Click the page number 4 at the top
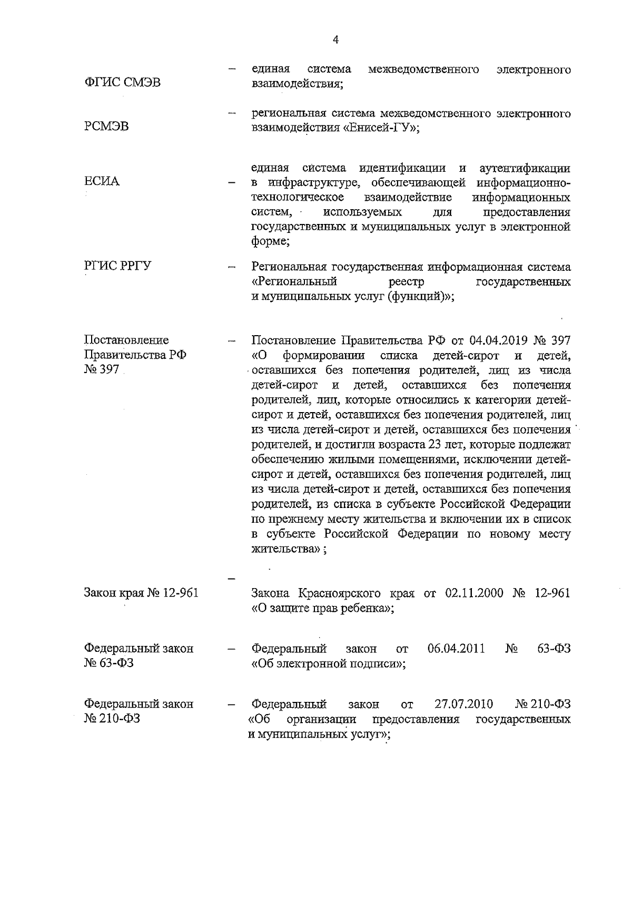[x=335, y=40]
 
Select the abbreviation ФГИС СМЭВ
[x=123, y=83]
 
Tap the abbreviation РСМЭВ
[x=106, y=126]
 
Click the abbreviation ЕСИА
[x=102, y=181]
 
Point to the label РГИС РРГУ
[x=118, y=266]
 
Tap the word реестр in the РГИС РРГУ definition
[x=407, y=282]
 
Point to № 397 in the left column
[x=102, y=369]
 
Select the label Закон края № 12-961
[x=141, y=593]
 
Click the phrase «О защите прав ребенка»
[x=321, y=608]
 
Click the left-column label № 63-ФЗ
[x=109, y=663]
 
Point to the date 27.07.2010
[x=463, y=704]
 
